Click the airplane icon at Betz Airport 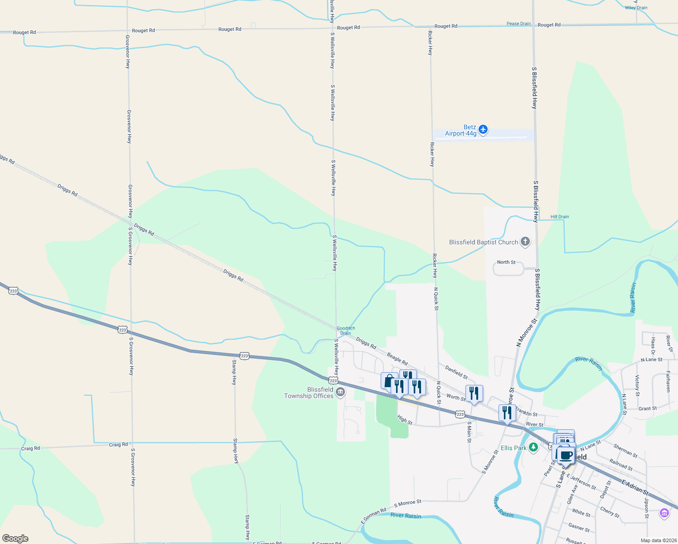(x=483, y=130)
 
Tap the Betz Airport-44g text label (x=461, y=131)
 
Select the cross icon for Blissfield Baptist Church (x=525, y=242)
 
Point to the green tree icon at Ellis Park (x=533, y=448)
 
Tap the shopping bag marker (x=389, y=381)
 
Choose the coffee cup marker (x=566, y=455)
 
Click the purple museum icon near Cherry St (x=664, y=513)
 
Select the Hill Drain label (x=560, y=217)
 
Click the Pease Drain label (x=518, y=24)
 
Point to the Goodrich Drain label (x=346, y=330)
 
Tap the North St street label (x=506, y=262)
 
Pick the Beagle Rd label (x=397, y=358)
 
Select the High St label (x=405, y=420)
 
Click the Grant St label (x=648, y=408)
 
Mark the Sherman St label (x=625, y=451)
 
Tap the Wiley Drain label (x=636, y=8)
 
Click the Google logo (x=15, y=539)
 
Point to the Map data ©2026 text (x=658, y=540)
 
